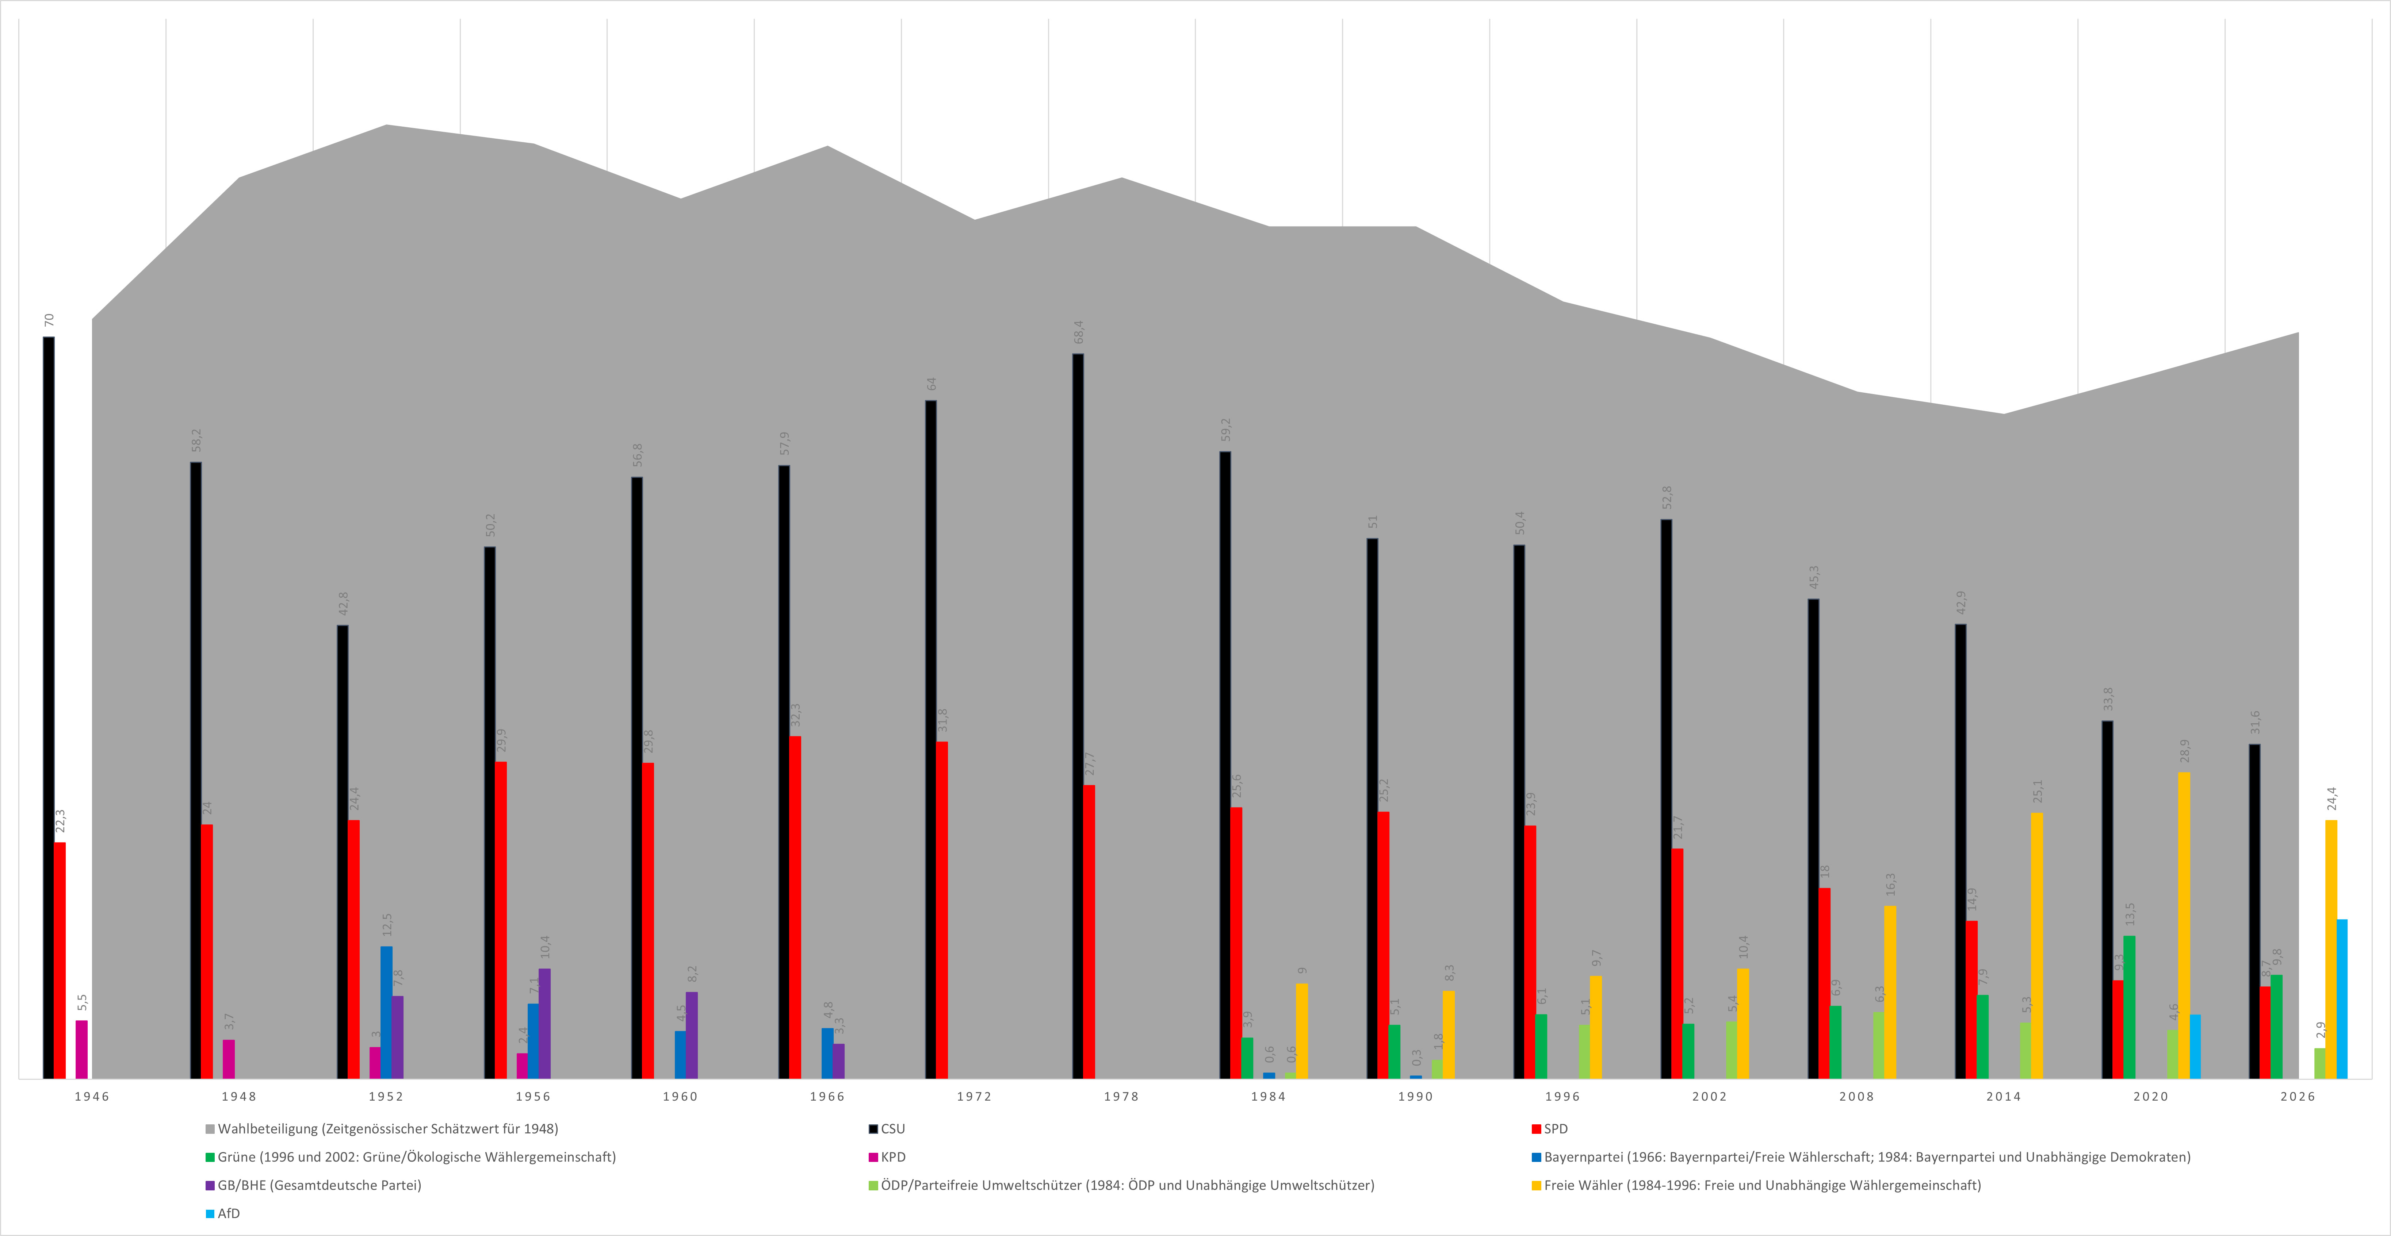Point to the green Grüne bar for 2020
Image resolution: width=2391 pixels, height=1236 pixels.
(x=2129, y=1007)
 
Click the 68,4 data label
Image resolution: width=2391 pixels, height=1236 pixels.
(x=1079, y=332)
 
